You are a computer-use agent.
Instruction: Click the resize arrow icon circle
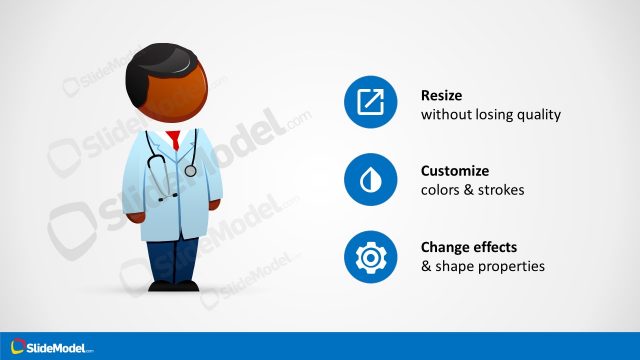tap(371, 102)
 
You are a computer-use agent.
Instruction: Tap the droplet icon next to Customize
tap(371, 179)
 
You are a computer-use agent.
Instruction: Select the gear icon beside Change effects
tap(371, 256)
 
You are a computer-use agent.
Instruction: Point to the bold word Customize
tap(455, 171)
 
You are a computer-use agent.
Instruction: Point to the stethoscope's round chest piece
tap(190, 171)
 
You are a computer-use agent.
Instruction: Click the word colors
tap(444, 190)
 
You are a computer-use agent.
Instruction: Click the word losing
tap(494, 115)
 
